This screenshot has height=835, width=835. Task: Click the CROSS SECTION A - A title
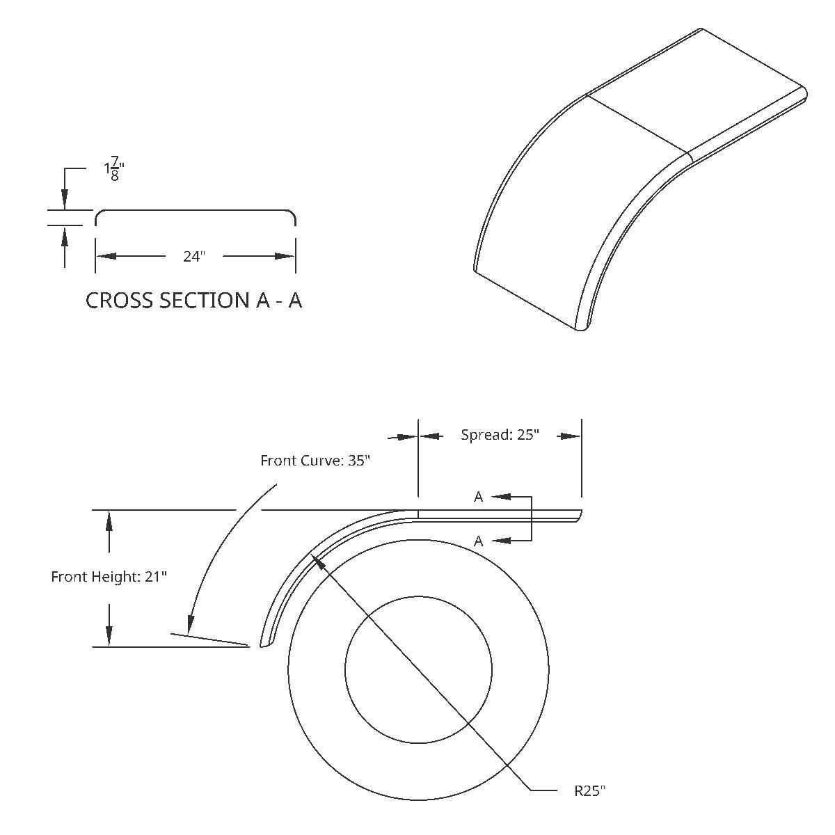tap(193, 301)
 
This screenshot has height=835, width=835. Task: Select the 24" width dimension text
tap(194, 257)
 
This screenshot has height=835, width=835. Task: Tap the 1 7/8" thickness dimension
tap(113, 170)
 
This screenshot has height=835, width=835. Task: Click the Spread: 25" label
tap(500, 435)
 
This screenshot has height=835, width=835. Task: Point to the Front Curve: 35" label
tap(315, 461)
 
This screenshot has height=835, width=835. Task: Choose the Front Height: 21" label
tap(109, 577)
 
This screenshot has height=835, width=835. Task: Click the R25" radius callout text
tap(589, 791)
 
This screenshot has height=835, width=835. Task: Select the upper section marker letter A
tap(479, 497)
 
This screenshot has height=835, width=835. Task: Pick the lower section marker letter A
tap(479, 541)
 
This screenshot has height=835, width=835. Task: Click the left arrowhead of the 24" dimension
tap(105, 256)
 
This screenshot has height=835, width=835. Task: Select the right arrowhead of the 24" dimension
tap(286, 256)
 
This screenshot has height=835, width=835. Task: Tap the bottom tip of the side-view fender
tap(264, 644)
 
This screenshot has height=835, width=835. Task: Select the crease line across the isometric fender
tap(637, 124)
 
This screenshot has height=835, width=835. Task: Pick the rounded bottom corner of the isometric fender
tap(583, 328)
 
